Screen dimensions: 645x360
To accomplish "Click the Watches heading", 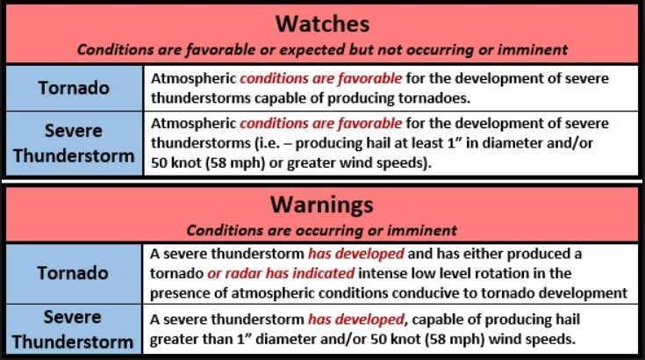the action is [x=322, y=24].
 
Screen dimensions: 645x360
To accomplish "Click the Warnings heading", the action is [x=322, y=204].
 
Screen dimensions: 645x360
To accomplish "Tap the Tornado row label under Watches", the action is [x=74, y=88].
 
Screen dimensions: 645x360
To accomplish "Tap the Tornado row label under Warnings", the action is [x=73, y=273].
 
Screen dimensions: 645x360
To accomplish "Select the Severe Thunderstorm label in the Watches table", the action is [x=74, y=143].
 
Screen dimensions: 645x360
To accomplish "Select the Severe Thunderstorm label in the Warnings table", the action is [x=73, y=329].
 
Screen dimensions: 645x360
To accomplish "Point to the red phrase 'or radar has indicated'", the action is [x=281, y=273].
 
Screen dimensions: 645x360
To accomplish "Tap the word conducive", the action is [x=434, y=293].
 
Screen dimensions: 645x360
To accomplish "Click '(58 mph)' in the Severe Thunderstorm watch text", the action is [x=235, y=163].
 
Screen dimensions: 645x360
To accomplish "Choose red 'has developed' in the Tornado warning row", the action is [x=356, y=254].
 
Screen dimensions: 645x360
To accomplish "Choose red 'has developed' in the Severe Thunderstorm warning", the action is [x=356, y=320].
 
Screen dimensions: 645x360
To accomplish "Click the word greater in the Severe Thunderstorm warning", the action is [x=175, y=340].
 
